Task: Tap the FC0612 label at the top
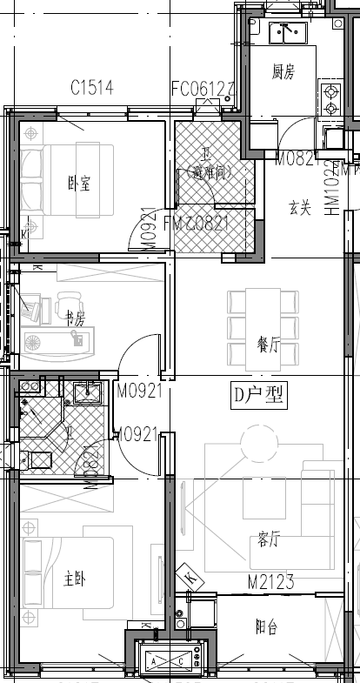tap(203, 87)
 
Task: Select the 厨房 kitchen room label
tap(283, 72)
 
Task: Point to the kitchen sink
tap(285, 33)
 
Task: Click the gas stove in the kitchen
tap(330, 99)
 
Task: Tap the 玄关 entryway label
tap(300, 207)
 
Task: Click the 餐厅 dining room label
tap(268, 345)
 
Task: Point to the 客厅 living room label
tap(269, 539)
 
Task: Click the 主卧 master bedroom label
tap(76, 578)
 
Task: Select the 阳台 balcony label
tap(267, 627)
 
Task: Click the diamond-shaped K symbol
tap(190, 576)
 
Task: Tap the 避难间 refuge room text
tap(208, 173)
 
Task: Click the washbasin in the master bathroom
tap(87, 393)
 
